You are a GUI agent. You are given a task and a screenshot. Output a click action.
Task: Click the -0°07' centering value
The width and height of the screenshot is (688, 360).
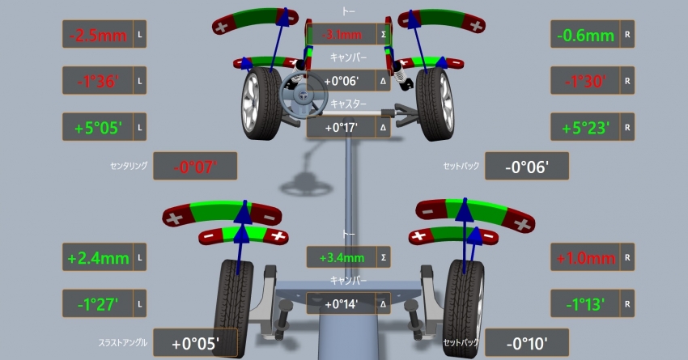click(x=195, y=167)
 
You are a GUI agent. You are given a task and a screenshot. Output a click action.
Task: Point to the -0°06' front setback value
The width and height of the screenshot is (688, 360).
click(x=527, y=167)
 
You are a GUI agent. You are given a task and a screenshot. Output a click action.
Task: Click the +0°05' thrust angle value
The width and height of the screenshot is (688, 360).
click(x=195, y=344)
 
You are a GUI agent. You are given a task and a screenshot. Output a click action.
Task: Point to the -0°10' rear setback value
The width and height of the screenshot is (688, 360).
click(x=527, y=344)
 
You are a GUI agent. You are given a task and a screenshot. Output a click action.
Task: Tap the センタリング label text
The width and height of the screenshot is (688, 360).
click(x=129, y=167)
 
